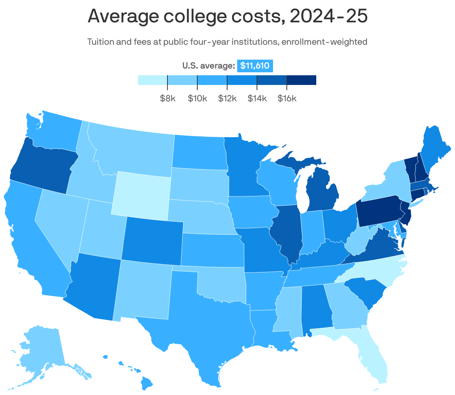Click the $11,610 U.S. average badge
coord(255,66)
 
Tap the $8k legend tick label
coord(167,98)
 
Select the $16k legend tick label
coord(287,98)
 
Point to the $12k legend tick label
coord(227,98)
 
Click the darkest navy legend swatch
coord(301,80)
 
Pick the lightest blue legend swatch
coord(153,80)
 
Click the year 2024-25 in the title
coord(328,16)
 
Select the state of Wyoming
coord(141,194)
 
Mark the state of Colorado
coord(152,238)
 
